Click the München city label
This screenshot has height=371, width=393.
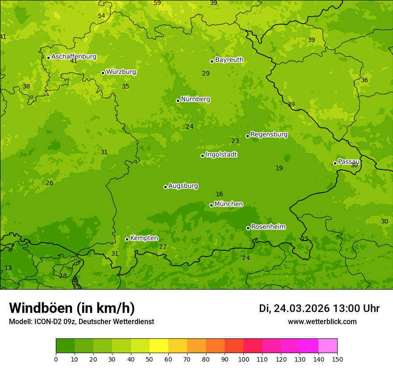tap(229, 204)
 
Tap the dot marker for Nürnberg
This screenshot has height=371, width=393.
tap(178, 101)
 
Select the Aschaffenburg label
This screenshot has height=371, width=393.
tap(74, 57)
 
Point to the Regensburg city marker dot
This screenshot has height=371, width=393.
tap(247, 136)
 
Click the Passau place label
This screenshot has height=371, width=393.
tap(349, 162)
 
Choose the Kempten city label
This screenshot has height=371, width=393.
tap(144, 238)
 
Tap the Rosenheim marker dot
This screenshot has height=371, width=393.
tap(248, 228)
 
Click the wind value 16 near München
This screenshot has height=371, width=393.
tap(219, 194)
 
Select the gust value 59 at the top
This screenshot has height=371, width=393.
tap(157, 3)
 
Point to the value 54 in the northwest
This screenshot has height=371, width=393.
tap(101, 16)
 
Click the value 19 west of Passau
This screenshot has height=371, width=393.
tap(279, 169)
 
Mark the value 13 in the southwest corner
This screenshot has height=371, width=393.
tap(8, 268)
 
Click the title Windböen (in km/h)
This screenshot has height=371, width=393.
tap(72, 308)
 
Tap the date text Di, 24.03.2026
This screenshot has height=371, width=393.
tap(294, 308)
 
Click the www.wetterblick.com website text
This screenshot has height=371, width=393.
tap(322, 321)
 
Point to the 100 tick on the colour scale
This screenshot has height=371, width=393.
tap(243, 359)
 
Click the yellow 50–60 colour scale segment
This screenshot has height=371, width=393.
tap(159, 346)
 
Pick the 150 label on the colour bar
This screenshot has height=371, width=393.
tap(337, 359)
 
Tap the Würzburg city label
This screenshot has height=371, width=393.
tap(121, 72)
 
